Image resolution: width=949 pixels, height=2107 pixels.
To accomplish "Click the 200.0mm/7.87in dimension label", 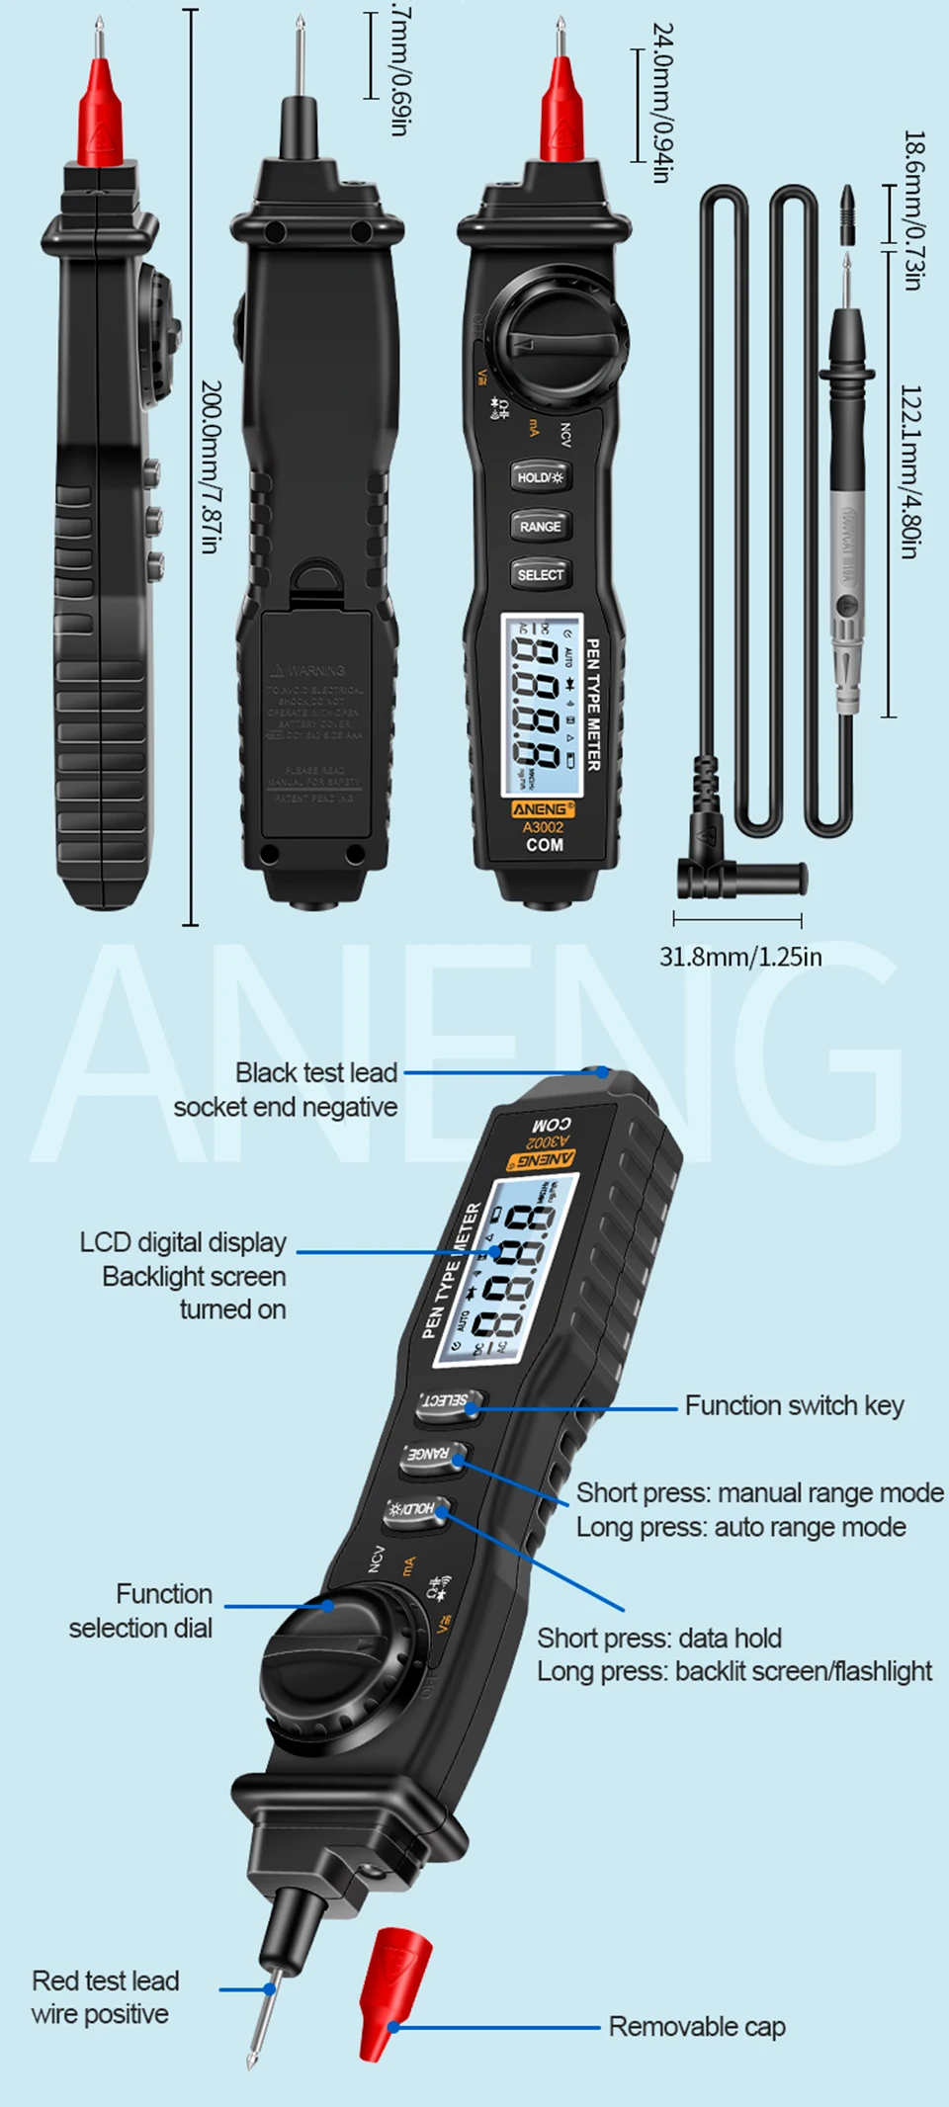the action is coord(211,466).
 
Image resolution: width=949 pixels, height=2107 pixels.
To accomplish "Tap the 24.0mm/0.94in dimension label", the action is coord(662,103).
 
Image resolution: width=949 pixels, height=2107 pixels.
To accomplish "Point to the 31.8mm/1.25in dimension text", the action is coord(740,957).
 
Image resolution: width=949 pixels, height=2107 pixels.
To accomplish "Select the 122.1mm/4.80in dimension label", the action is coord(910,471).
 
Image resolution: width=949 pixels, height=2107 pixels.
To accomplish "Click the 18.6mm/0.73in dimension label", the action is coord(914,210).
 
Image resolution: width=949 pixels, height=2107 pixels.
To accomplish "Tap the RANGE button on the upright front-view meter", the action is coord(540,527).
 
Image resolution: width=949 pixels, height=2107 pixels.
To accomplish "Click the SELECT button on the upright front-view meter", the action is coord(540,574).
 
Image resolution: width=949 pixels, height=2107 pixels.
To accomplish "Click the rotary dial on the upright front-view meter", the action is coord(560,337).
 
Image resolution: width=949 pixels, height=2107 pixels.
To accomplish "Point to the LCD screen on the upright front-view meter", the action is coord(542,704).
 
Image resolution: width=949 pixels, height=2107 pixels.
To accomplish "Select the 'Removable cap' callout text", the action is coord(697,2026).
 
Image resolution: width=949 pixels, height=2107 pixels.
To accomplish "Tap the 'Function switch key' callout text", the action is coord(794,1405).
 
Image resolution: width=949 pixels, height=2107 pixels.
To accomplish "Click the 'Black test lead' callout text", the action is coord(316,1072).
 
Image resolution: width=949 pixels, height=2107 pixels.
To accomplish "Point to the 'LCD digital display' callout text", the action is coord(183,1242).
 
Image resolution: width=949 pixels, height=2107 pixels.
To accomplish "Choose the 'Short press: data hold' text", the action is coord(659,1638).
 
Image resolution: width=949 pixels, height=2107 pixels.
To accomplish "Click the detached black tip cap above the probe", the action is coord(847,212).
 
